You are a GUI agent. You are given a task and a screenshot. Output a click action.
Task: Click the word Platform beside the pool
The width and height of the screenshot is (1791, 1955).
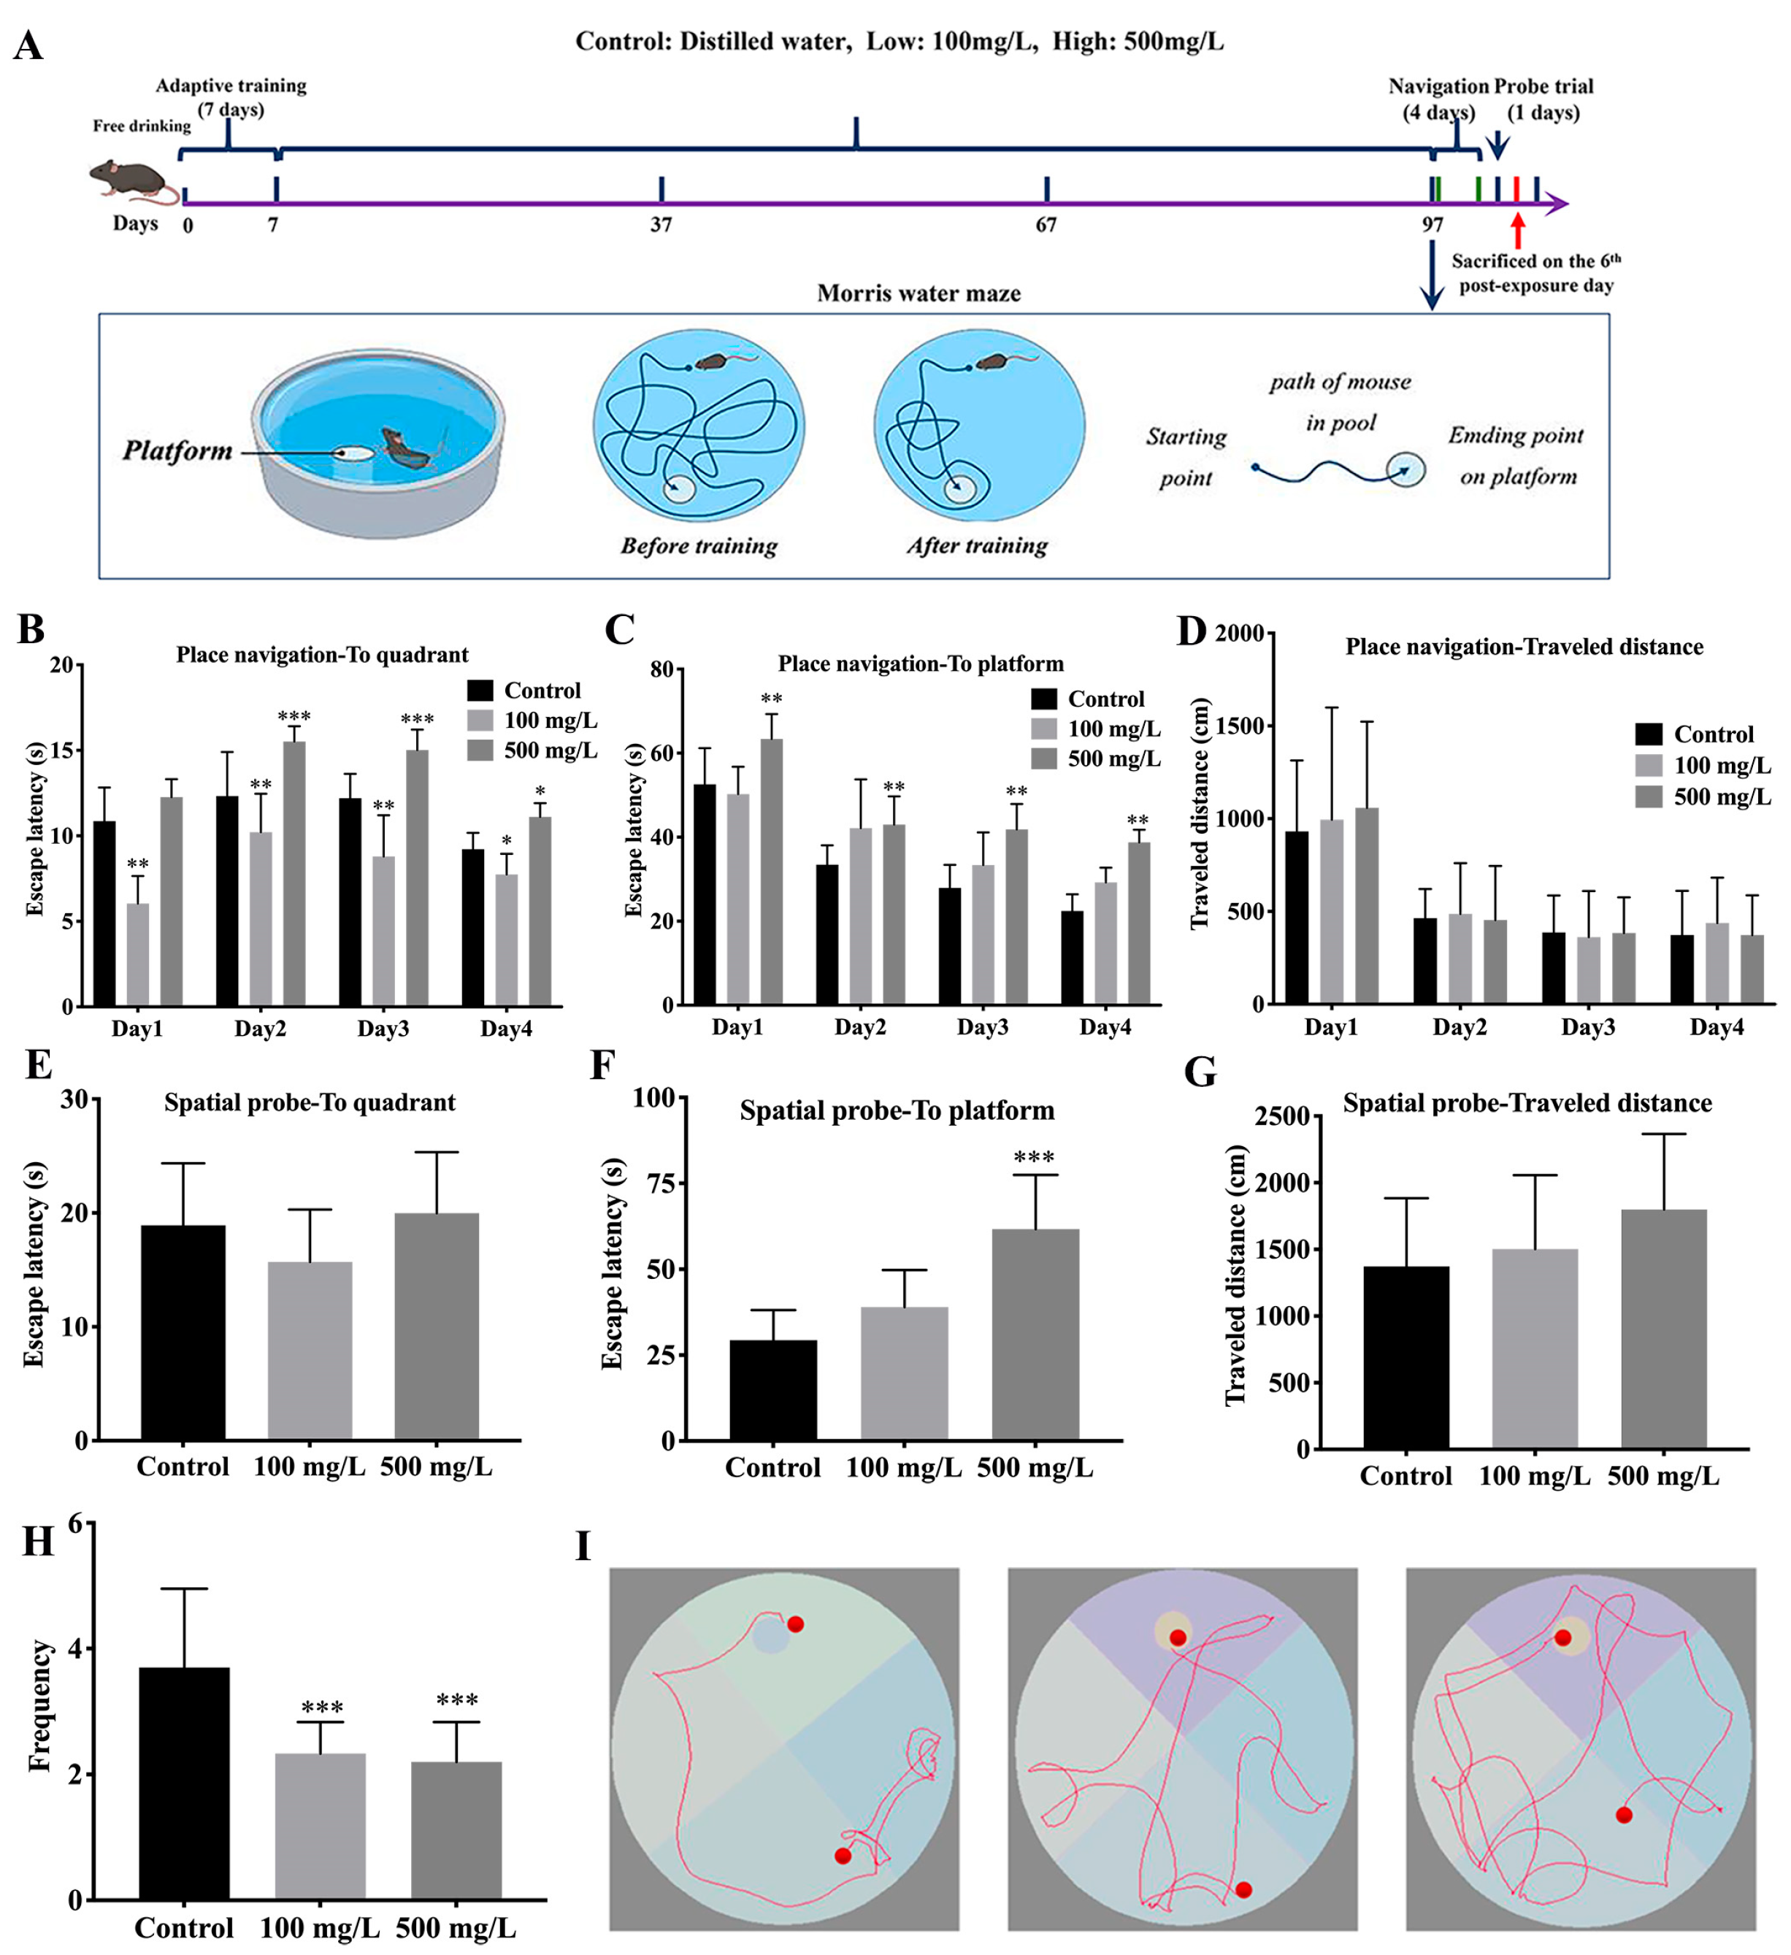pyautogui.click(x=177, y=451)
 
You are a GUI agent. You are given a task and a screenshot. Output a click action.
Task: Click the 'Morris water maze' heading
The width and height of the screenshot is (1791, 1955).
pyautogui.click(x=918, y=293)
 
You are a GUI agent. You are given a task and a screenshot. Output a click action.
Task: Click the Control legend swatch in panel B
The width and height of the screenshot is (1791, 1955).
pyautogui.click(x=480, y=691)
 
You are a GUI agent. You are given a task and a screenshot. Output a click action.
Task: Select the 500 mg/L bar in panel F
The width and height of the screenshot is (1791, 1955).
pyautogui.click(x=1035, y=1334)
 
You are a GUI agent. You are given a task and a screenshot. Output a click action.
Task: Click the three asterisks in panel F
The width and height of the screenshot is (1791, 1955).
pyautogui.click(x=1034, y=1157)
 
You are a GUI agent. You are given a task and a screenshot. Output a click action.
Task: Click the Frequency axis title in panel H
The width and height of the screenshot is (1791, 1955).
pyautogui.click(x=39, y=1706)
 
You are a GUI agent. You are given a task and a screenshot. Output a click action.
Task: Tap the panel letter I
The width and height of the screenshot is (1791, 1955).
pyautogui.click(x=583, y=1547)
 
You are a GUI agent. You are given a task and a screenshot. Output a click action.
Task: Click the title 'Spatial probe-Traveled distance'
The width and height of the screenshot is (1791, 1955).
pyautogui.click(x=1526, y=1104)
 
